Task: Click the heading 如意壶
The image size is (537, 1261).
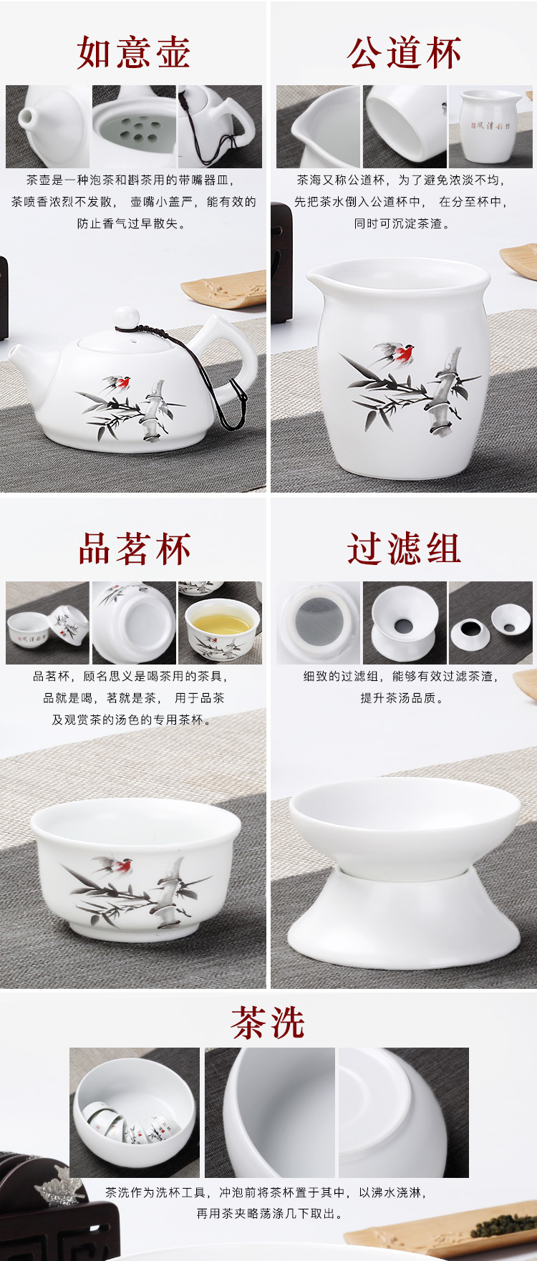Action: pos(134,53)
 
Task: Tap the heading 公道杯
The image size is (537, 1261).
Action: pos(405,53)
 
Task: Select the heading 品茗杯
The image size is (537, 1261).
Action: pos(135,549)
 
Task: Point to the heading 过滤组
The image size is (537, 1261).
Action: pos(405,549)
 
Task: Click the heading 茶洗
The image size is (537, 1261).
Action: pos(268,1022)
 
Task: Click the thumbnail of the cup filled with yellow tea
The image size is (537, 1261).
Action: pos(220,622)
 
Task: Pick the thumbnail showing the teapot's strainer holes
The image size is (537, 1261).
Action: pos(134,127)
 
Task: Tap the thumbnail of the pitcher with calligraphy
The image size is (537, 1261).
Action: pos(490,127)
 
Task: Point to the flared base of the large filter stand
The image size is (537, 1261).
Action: pos(404,922)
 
